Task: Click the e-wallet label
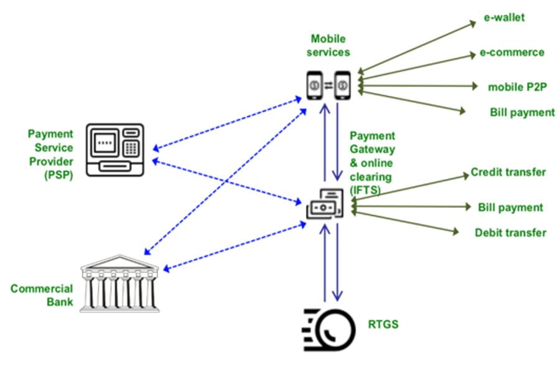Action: pos(505,17)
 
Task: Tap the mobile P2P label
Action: pos(516,87)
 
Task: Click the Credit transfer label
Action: pos(508,172)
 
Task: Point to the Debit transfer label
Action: pos(510,233)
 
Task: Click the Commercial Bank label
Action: pos(42,296)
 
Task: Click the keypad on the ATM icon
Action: pos(131,148)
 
